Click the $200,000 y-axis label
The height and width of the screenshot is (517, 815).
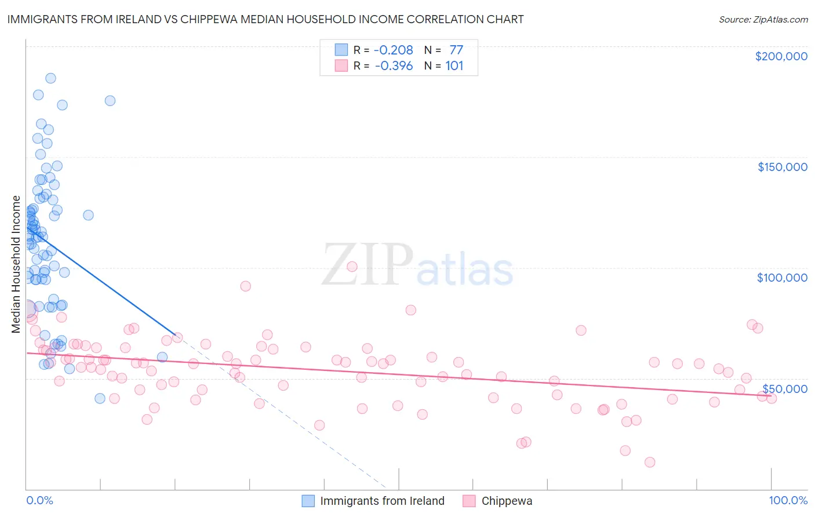coord(781,56)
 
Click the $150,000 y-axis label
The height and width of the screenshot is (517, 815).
coord(782,167)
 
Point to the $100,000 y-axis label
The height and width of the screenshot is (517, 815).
coord(782,278)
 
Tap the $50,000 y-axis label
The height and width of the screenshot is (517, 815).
coord(785,388)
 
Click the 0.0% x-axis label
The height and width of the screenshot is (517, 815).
coord(39,500)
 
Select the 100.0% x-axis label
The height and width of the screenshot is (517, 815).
coord(788,500)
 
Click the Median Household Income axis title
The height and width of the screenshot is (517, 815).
coord(16,264)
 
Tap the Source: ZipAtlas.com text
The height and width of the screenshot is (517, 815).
coord(763,19)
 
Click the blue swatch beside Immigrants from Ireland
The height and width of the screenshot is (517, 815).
coord(308,501)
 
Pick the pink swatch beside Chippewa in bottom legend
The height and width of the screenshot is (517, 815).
coord(470,501)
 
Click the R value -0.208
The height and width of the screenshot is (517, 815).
coord(393,50)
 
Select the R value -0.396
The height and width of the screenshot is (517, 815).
coord(394,66)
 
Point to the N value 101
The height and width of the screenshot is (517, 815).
coord(454,66)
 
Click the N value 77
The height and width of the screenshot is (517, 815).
coord(456,50)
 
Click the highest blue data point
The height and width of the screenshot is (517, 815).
coord(50,78)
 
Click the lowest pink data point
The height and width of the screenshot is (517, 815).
coord(650,462)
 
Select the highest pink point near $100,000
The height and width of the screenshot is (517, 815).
coord(352,267)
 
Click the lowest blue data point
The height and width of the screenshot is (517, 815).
coord(100,398)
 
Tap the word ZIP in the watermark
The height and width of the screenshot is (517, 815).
coord(367,265)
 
